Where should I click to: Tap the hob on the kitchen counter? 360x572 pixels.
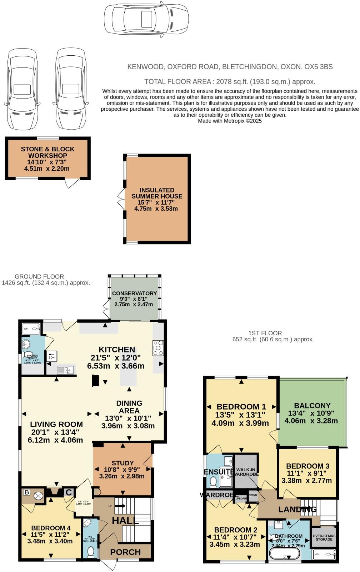[158, 348]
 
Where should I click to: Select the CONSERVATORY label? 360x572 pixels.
[134, 293]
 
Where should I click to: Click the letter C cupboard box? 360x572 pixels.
[69, 493]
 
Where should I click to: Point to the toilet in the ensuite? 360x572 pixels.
[213, 482]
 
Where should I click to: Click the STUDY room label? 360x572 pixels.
[122, 463]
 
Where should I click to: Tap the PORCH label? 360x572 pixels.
[125, 552]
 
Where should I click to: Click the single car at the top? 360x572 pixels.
[146, 17]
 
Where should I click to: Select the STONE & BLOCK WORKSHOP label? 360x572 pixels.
[47, 152]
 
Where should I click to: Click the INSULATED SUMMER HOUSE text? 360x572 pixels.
[157, 193]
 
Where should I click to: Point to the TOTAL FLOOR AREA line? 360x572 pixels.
[230, 81]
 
